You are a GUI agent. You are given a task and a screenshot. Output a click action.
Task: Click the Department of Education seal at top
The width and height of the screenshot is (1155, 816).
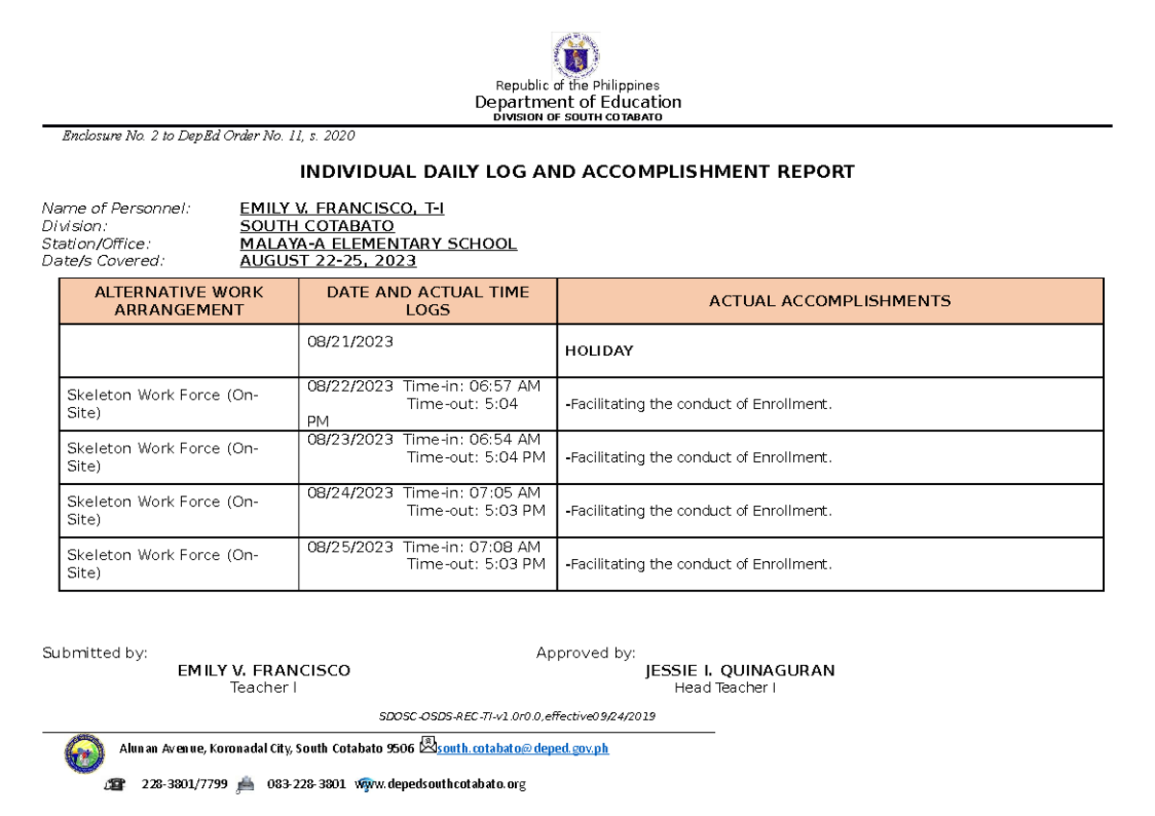click(x=576, y=55)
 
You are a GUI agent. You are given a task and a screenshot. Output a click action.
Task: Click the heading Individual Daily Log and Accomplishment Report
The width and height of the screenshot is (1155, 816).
click(x=577, y=172)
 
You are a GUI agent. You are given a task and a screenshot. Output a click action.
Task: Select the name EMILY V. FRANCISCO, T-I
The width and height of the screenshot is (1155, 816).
click(x=342, y=208)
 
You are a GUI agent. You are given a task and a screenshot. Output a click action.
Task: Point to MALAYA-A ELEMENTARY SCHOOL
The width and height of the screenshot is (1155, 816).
click(x=378, y=243)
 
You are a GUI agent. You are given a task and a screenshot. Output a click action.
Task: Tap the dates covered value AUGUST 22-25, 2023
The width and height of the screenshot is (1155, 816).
click(x=328, y=261)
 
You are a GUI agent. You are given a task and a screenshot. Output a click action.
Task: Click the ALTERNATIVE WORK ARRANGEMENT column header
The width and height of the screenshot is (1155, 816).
click(x=179, y=301)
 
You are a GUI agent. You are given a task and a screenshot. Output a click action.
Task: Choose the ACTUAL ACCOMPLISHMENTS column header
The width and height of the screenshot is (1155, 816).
click(x=829, y=301)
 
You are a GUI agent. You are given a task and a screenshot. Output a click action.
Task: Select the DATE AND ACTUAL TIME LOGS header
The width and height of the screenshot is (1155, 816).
click(x=427, y=301)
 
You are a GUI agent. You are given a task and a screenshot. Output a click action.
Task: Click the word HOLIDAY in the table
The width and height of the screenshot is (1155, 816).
click(x=599, y=351)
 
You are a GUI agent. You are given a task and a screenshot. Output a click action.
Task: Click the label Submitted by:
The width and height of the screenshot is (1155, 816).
click(x=94, y=653)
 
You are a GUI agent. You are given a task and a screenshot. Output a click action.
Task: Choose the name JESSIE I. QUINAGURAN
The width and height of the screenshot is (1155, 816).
click(x=739, y=671)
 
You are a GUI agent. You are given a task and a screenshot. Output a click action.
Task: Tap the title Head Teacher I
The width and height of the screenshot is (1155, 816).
click(x=725, y=688)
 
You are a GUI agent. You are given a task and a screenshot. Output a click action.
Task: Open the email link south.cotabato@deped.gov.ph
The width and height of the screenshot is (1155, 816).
click(x=523, y=750)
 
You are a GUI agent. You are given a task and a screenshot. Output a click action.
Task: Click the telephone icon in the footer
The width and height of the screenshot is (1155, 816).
click(x=117, y=784)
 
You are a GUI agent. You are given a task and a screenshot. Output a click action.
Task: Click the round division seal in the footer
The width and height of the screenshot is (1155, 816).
click(x=85, y=753)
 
